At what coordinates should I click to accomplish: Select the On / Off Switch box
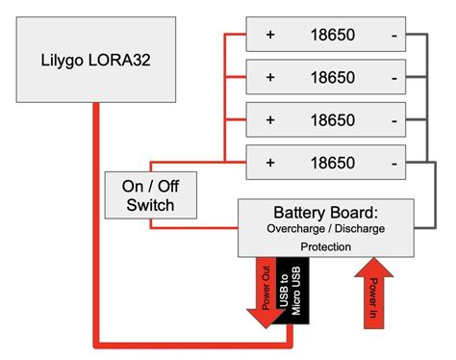click(x=151, y=193)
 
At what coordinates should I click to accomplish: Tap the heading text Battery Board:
click(x=325, y=212)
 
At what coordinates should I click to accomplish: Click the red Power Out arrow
click(x=265, y=289)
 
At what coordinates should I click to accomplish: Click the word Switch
click(x=151, y=204)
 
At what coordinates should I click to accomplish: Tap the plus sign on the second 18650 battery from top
click(x=270, y=77)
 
